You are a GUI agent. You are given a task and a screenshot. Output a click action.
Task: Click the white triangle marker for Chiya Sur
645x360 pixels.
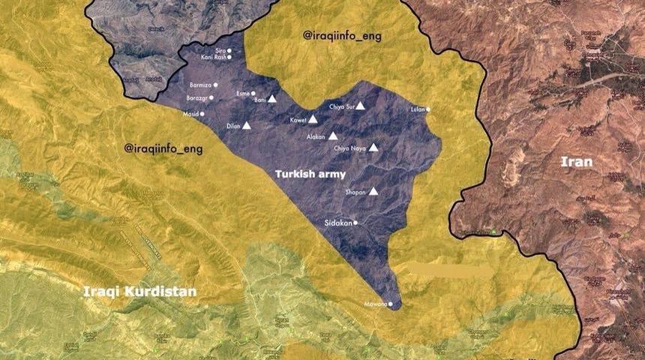tap(360, 106)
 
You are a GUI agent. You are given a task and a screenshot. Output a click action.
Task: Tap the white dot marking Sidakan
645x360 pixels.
tap(355, 223)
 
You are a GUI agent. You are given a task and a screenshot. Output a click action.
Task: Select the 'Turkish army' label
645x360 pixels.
tap(310, 174)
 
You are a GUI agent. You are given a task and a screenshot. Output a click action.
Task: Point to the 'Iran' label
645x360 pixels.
tap(577, 161)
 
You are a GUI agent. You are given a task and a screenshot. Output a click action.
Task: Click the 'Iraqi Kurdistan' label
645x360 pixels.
tap(140, 291)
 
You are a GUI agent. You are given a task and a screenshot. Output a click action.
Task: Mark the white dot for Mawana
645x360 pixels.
tap(391, 304)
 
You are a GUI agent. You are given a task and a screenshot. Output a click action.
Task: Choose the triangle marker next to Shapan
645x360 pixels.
tap(373, 191)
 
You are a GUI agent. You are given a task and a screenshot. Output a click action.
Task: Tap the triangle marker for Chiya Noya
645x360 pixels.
tap(373, 148)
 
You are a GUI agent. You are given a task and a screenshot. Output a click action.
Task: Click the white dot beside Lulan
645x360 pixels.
tap(428, 109)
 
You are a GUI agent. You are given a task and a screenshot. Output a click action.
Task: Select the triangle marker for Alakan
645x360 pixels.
tap(333, 136)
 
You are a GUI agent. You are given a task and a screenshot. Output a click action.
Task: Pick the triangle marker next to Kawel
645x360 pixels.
tap(315, 120)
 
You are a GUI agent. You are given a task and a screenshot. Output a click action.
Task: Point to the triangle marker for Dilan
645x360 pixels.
tap(247, 126)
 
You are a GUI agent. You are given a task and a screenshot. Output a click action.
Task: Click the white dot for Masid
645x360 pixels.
tap(202, 114)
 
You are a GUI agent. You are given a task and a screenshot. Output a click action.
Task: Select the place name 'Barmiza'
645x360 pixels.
tap(200, 85)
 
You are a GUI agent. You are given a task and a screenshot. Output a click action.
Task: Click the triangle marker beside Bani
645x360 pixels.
tap(273, 98)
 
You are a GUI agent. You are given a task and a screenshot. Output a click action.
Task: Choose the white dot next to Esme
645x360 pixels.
tap(253, 94)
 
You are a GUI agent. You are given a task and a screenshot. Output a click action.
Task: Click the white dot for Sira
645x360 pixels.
tap(229, 51)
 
